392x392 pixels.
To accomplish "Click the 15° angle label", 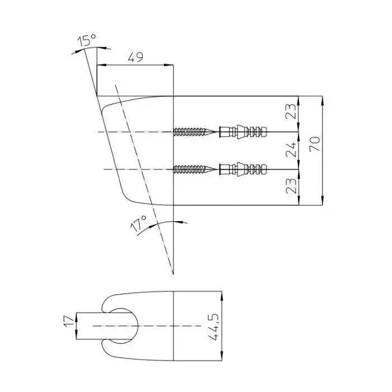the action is [x=87, y=40].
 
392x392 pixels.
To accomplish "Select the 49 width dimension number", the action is [x=136, y=57].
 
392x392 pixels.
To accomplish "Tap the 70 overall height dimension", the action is [x=315, y=144].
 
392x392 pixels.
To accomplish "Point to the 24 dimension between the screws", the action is [x=291, y=150].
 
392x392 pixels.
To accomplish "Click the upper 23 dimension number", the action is [x=291, y=111].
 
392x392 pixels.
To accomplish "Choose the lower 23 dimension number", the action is [x=291, y=186].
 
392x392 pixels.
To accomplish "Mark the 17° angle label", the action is [x=138, y=223].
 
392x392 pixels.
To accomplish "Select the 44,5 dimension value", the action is [x=213, y=326].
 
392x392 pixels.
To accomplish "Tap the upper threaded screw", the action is [x=194, y=132].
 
